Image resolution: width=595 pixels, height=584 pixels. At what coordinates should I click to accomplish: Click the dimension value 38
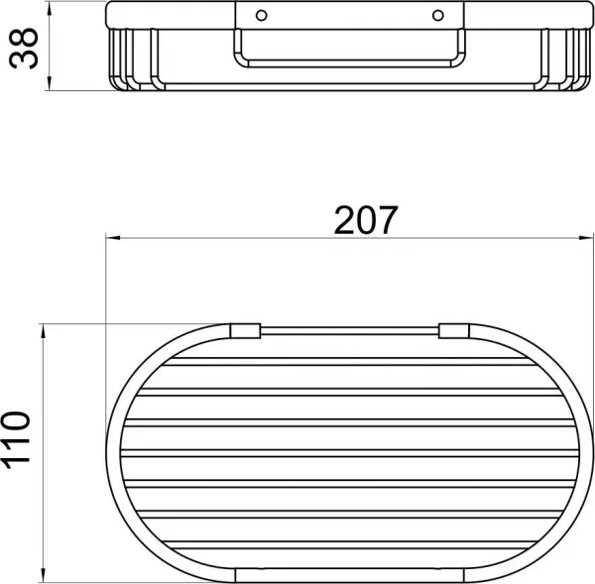coord(24,49)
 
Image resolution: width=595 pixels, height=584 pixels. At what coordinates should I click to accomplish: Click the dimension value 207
coord(366,220)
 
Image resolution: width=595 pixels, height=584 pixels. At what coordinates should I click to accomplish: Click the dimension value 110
coord(15,440)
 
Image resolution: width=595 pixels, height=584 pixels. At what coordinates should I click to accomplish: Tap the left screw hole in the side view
coord(262,16)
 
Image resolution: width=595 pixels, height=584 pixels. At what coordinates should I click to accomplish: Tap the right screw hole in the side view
coord(438,16)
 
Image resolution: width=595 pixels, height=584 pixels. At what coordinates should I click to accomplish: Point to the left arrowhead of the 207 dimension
coord(113,238)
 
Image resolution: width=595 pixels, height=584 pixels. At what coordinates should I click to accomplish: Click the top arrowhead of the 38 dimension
coord(49,8)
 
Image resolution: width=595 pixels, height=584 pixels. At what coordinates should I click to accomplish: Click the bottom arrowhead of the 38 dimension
coord(49,83)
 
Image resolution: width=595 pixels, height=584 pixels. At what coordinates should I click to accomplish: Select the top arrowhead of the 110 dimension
coord(44,331)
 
